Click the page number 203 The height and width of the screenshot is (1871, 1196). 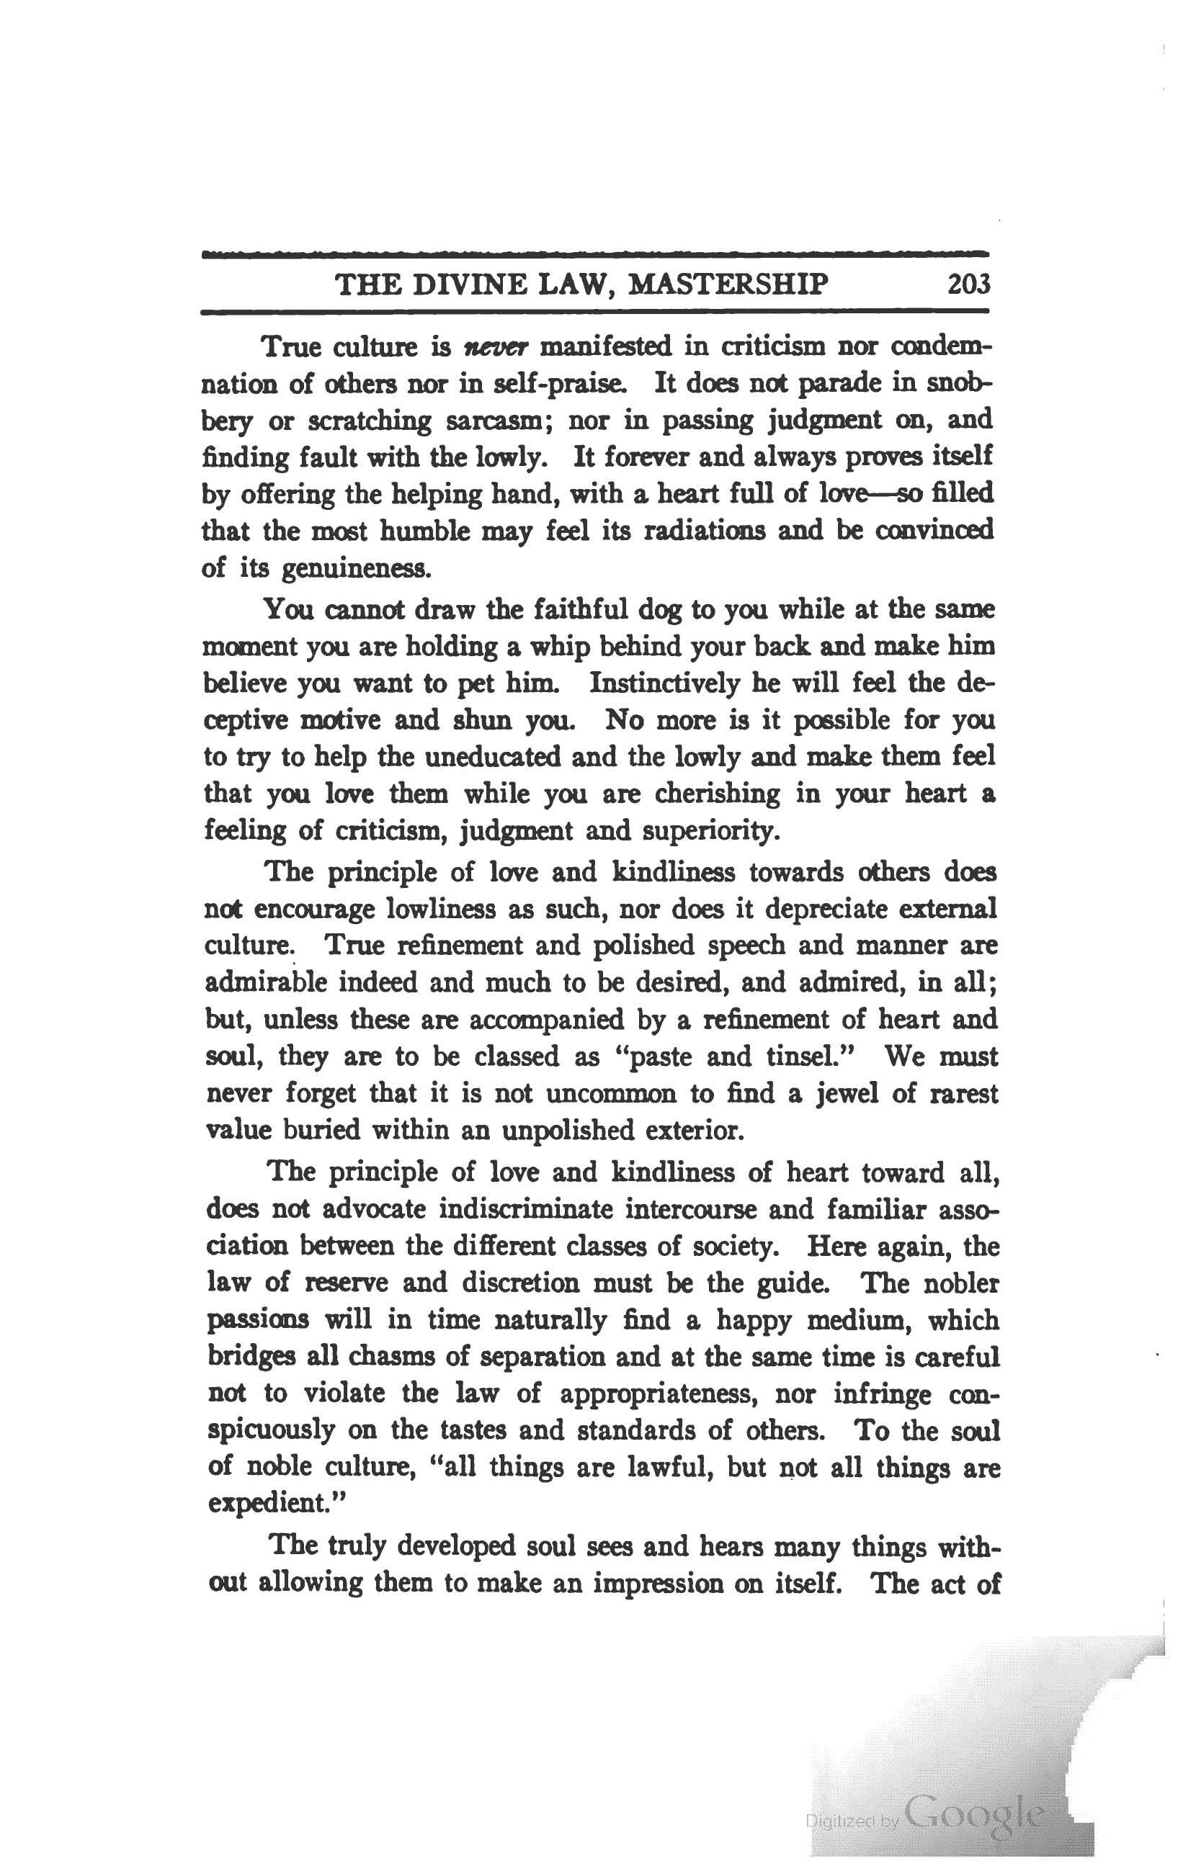point(969,284)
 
